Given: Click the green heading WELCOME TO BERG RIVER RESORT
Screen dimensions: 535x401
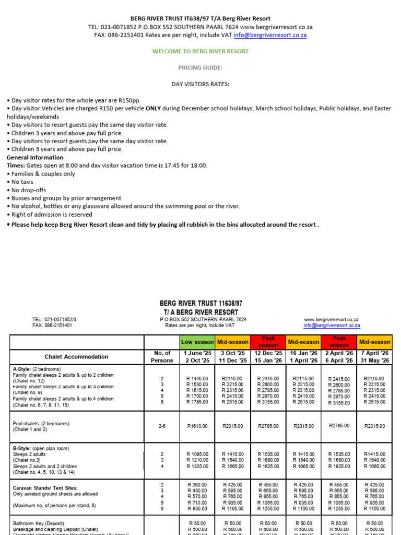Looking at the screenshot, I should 200,51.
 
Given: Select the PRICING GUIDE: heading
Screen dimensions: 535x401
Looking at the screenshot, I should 200,68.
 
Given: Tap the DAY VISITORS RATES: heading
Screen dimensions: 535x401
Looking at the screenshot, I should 200,84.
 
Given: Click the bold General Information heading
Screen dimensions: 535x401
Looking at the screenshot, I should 35,157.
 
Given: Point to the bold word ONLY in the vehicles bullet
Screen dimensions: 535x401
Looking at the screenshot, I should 155,109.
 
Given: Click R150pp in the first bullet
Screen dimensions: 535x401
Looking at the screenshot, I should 128,100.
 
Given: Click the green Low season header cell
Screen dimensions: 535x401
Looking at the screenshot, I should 197,342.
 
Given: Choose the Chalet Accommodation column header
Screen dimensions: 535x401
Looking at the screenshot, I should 76,357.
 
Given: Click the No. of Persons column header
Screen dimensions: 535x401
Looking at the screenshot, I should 161,357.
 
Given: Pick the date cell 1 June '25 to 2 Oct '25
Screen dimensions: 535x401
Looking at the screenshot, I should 197,357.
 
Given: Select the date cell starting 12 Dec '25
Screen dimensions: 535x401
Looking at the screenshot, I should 268,357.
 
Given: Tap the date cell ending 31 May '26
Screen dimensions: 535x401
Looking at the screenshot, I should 375,357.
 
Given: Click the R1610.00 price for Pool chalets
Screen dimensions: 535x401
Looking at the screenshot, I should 197,426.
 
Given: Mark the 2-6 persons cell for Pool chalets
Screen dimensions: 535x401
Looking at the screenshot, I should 161,426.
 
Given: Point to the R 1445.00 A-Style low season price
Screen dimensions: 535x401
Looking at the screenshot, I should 197,378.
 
